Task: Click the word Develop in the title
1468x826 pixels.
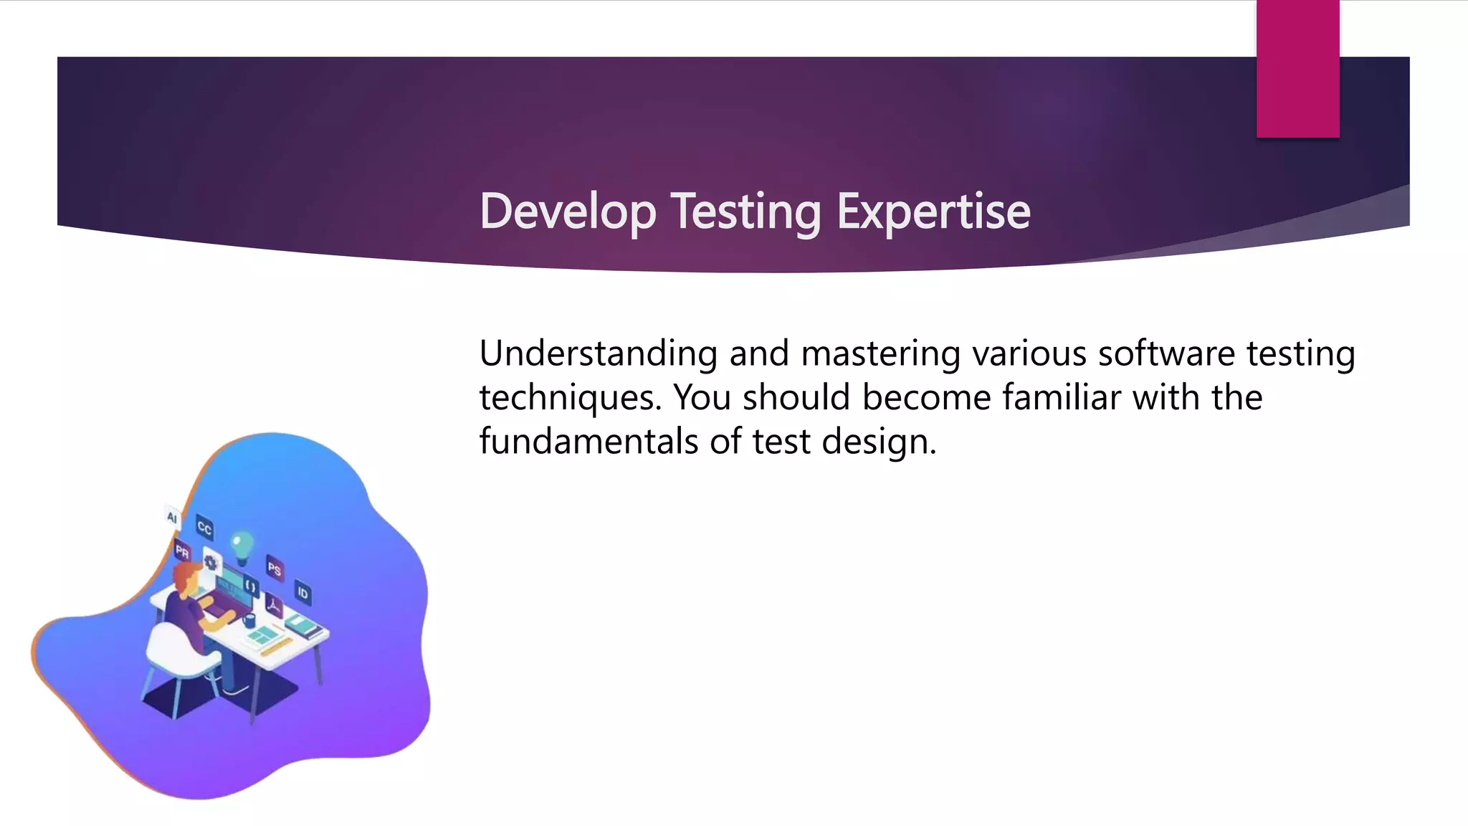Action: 568,212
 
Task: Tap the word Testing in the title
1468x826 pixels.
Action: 745,212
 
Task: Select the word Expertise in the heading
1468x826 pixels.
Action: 933,212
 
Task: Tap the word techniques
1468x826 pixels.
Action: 570,398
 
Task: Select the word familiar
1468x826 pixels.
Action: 1062,398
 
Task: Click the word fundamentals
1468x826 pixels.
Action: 588,442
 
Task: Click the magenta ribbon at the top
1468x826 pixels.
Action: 1297,69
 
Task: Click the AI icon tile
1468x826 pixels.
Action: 172,517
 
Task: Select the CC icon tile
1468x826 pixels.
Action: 204,528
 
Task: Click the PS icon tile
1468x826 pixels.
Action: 274,569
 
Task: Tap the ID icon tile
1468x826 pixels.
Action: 302,593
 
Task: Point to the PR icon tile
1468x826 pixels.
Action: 182,552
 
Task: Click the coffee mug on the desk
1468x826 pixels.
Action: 249,620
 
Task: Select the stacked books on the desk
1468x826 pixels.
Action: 305,630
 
